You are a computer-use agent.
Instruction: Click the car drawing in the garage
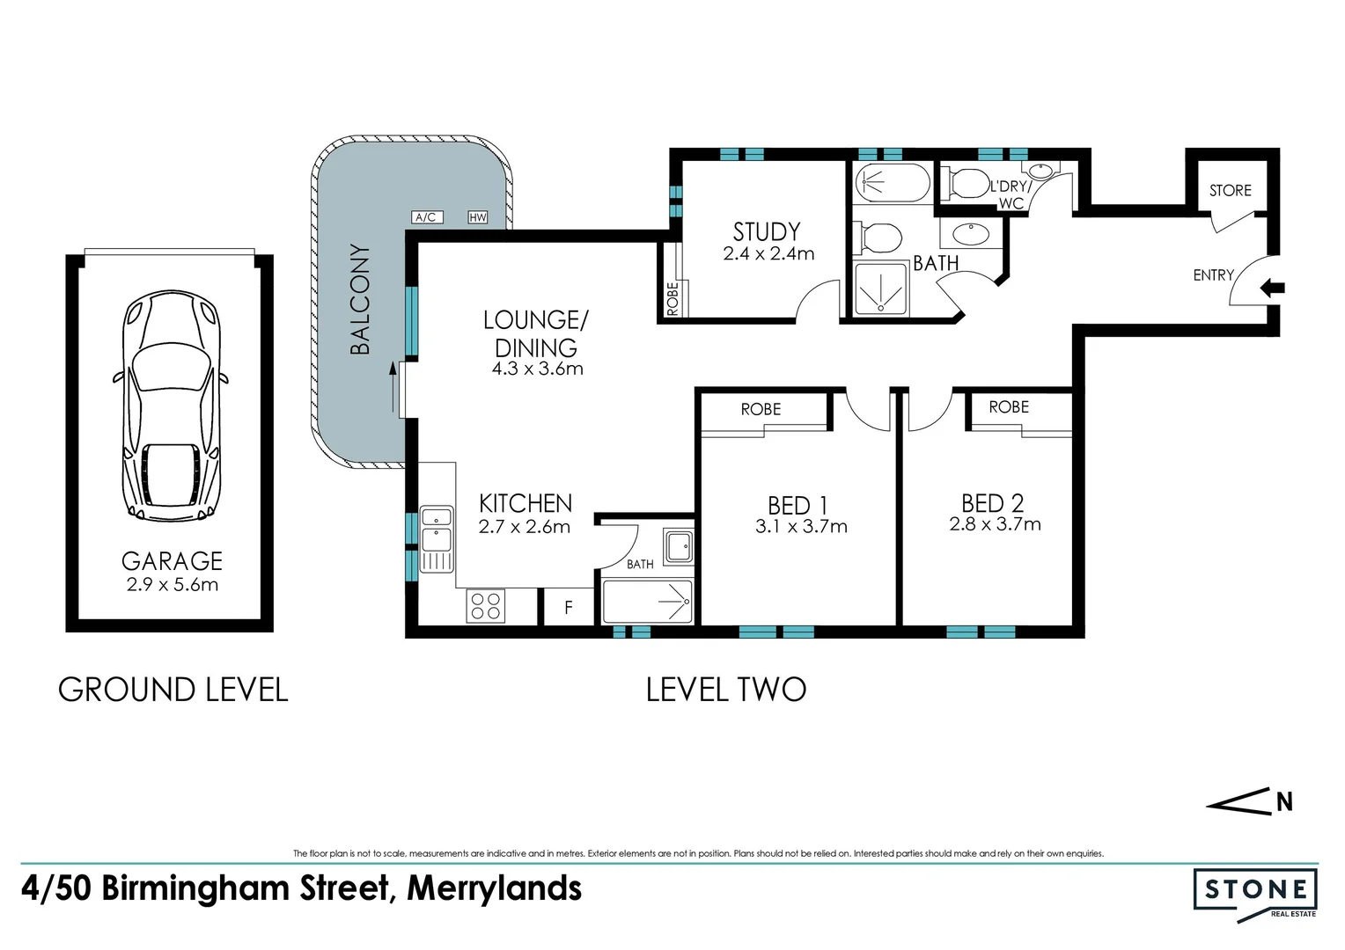pos(171,406)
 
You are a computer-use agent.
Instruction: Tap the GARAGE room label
pos(172,561)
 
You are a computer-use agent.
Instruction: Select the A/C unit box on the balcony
pos(427,217)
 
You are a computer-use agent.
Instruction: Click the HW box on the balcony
pos(478,217)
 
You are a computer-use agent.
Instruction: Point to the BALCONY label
pos(360,300)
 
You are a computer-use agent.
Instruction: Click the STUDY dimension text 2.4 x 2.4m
pos(768,254)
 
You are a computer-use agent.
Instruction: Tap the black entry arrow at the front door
pos(1273,288)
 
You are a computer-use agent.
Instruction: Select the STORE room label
pos(1230,190)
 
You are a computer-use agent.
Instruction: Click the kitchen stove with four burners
pos(485,605)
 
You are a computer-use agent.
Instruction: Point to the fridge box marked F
pos(569,607)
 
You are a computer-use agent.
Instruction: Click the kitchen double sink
pos(436,538)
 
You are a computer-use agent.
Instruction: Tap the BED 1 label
pos(797,506)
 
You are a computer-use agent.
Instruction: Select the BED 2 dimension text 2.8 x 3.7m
pos(995,524)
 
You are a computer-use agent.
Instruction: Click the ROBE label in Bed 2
pos(1009,407)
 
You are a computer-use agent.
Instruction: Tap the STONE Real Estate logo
pos(1255,892)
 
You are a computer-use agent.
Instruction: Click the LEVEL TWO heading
pos(726,690)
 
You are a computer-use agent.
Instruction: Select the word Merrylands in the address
pos(494,888)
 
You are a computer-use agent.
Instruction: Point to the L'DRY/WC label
pos(1010,194)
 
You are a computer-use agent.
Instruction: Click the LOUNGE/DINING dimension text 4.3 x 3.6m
pos(537,369)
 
